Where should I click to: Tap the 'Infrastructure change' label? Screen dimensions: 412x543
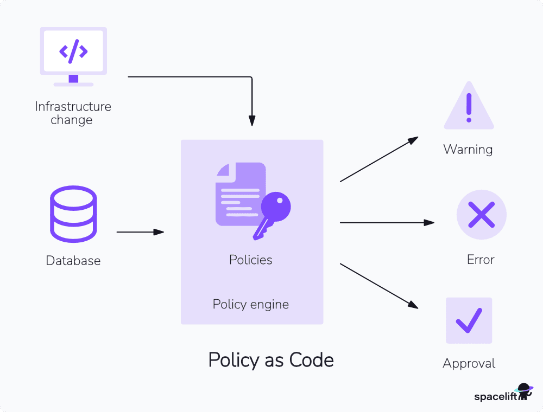(x=73, y=113)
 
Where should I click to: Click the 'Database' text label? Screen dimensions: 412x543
(x=73, y=261)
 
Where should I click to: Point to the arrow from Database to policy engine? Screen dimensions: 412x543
(x=140, y=232)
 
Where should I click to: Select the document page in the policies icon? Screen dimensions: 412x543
(x=238, y=194)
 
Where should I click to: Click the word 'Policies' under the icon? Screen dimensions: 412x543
(x=251, y=260)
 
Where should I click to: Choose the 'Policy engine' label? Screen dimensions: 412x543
(x=251, y=304)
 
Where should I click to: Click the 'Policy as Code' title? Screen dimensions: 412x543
(x=271, y=360)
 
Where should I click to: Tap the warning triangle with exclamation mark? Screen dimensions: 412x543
(x=469, y=107)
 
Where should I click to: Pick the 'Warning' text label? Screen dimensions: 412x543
(x=468, y=150)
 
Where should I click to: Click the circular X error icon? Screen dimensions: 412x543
(x=481, y=215)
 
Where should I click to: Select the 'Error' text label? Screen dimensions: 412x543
(x=481, y=260)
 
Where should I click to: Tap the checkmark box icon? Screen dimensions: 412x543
(x=469, y=320)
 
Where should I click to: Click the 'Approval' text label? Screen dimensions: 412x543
(x=469, y=363)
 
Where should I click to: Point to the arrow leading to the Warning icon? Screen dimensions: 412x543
(x=378, y=159)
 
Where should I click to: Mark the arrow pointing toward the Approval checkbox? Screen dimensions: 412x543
(x=378, y=286)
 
